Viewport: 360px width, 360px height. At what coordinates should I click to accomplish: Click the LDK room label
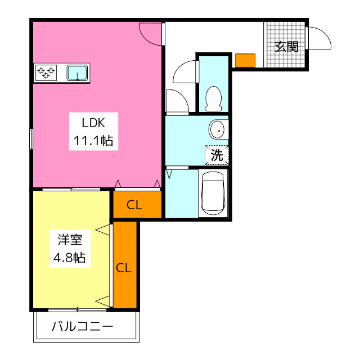coord(93,123)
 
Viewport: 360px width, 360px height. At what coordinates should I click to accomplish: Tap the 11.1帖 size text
coord(93,141)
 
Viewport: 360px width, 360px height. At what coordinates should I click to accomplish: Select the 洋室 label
coord(70,240)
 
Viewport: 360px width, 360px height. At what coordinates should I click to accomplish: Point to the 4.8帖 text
coord(69,258)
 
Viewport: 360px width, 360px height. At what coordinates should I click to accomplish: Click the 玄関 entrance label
coord(286,47)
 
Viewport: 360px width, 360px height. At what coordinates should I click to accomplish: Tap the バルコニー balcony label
coord(83,326)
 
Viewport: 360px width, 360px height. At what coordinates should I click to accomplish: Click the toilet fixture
coord(214,99)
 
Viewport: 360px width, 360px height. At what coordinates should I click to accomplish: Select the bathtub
coord(213,193)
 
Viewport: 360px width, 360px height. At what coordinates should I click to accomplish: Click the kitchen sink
coord(77,73)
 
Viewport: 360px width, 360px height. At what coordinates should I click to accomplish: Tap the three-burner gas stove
coord(46,73)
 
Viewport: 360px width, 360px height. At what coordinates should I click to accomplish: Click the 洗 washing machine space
coord(217,155)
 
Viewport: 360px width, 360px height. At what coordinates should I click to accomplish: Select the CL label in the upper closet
coord(134,205)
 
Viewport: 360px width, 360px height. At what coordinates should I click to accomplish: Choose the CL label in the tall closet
coord(124,268)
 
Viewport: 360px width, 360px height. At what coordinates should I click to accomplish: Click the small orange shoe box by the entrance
coord(245,60)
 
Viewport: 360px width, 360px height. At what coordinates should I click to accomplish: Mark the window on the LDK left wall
coord(31,139)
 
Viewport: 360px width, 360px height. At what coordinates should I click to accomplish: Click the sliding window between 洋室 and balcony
coord(78,310)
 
